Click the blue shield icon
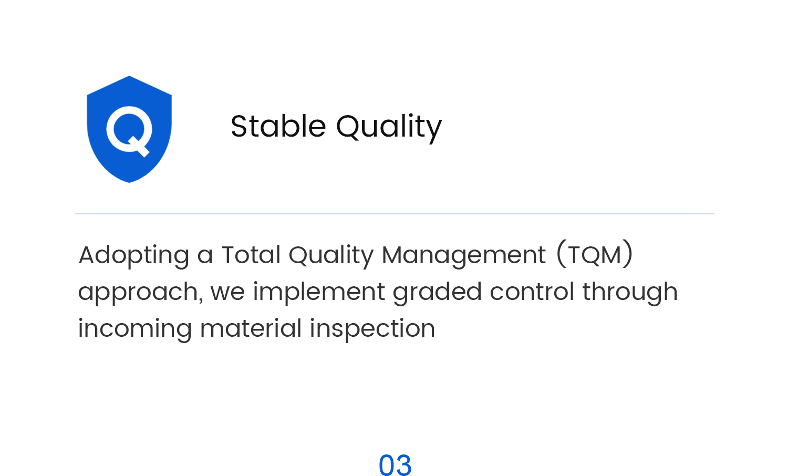(x=129, y=129)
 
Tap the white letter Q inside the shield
(x=129, y=131)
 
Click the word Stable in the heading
(x=278, y=126)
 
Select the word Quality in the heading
(x=389, y=128)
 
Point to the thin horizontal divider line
(x=395, y=213)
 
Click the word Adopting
(x=133, y=256)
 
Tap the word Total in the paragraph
(x=251, y=254)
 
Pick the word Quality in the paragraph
(x=331, y=256)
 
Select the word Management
(x=464, y=256)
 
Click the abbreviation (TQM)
(x=595, y=254)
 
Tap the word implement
(x=319, y=293)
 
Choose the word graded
(x=437, y=293)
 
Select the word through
(x=630, y=293)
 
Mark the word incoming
(x=134, y=329)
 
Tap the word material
(x=251, y=328)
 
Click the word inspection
(x=372, y=329)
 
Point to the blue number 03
(x=395, y=465)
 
